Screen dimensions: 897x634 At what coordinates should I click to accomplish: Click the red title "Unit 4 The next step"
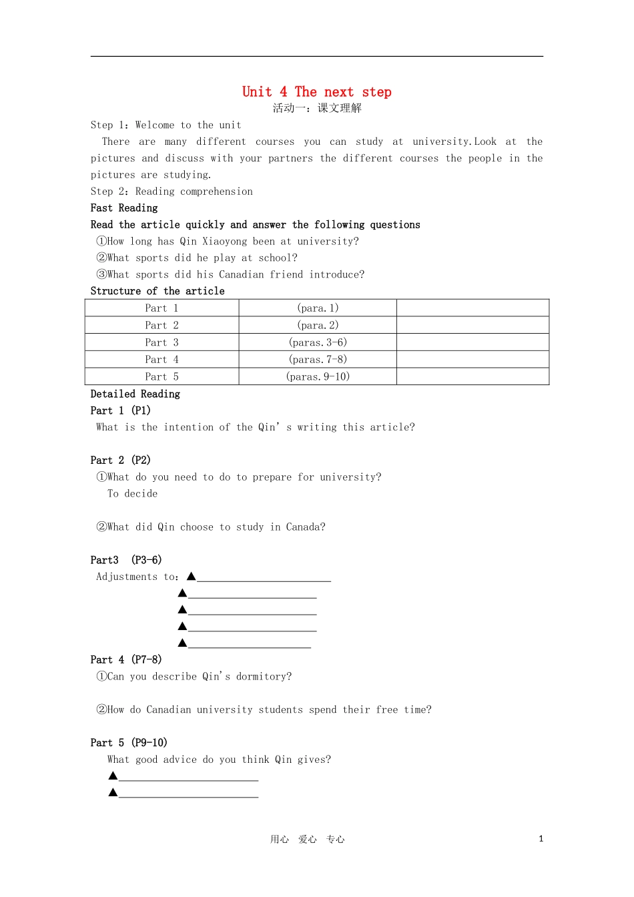click(x=316, y=92)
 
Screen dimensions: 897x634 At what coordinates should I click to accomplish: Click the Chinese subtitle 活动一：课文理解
click(x=317, y=108)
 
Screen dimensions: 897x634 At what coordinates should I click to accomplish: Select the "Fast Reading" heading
click(x=124, y=208)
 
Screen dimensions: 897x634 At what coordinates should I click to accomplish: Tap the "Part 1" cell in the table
click(x=162, y=308)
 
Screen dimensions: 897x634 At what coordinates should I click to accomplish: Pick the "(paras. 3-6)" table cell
click(x=318, y=342)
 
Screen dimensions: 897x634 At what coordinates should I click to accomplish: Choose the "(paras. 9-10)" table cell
click(x=318, y=376)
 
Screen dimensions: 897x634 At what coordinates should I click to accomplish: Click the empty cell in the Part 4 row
click(x=472, y=360)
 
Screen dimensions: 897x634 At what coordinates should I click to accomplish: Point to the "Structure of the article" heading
click(x=157, y=291)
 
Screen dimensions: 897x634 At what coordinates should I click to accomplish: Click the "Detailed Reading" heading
click(x=135, y=394)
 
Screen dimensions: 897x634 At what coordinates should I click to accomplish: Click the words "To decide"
click(x=133, y=494)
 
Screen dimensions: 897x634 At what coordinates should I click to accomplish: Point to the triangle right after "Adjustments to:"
click(x=191, y=576)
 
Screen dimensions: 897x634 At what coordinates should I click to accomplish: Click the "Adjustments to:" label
click(x=137, y=577)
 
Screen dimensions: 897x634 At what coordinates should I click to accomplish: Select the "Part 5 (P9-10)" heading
click(x=129, y=743)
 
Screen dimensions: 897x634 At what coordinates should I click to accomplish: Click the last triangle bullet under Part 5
click(x=113, y=792)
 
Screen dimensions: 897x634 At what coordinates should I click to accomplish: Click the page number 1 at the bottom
click(x=541, y=839)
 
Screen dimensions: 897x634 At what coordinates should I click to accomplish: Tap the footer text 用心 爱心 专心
click(x=308, y=840)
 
